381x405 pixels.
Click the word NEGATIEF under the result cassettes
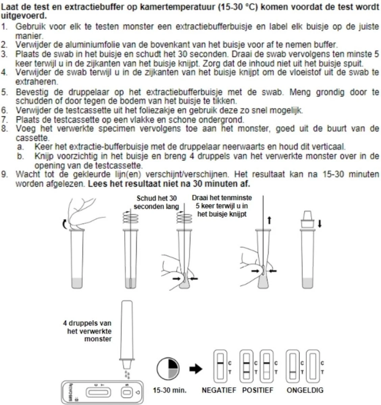[x=219, y=390]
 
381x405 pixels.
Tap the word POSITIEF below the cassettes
[x=258, y=390]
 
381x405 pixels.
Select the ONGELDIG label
[x=305, y=390]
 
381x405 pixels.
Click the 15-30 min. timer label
[x=170, y=390]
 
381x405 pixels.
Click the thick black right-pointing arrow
[x=196, y=369]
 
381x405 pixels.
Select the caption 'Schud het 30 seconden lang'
[x=156, y=202]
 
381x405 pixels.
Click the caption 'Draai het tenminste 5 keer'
[x=222, y=206]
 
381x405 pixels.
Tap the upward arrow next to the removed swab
[x=269, y=220]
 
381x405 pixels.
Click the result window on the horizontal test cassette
[x=98, y=392]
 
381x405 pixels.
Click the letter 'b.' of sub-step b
[x=21, y=157]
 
